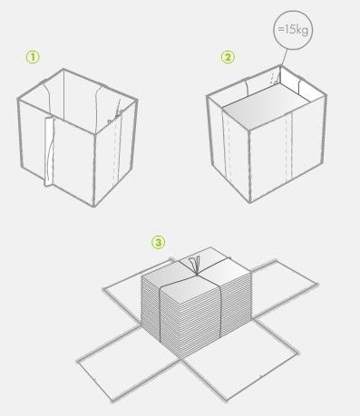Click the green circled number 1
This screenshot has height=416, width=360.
33,57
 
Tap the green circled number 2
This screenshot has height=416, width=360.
228,57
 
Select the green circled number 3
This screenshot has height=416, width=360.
159,242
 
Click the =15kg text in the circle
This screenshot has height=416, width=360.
293,30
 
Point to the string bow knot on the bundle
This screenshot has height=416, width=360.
195,265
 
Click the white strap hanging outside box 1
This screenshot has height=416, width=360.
50,151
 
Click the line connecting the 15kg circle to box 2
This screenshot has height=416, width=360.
284,57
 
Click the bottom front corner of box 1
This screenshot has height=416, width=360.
93,207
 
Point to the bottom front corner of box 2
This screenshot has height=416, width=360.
250,202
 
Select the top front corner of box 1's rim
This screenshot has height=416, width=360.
95,133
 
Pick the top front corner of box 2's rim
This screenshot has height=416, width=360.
249,131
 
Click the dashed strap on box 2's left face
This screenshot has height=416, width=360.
228,147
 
